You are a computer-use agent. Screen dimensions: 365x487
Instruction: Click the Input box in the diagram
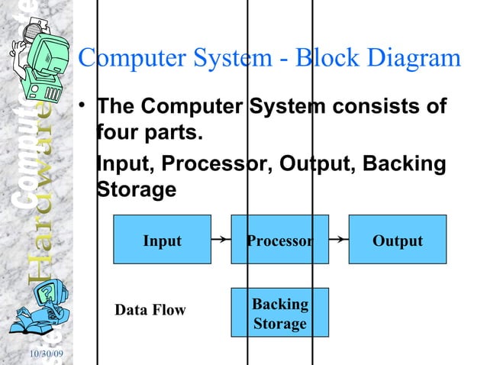pos(162,241)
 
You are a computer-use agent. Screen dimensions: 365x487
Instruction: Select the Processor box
pos(279,241)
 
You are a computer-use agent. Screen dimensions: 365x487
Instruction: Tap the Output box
pos(397,241)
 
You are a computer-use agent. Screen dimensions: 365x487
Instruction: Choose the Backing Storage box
pos(279,313)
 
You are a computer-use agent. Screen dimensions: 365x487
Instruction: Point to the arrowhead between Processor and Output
pos(337,240)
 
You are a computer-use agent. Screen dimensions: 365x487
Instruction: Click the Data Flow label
pos(150,310)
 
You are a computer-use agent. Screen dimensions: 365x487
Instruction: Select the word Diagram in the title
pos(415,58)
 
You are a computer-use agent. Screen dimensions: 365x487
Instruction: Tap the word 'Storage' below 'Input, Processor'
pos(137,189)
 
